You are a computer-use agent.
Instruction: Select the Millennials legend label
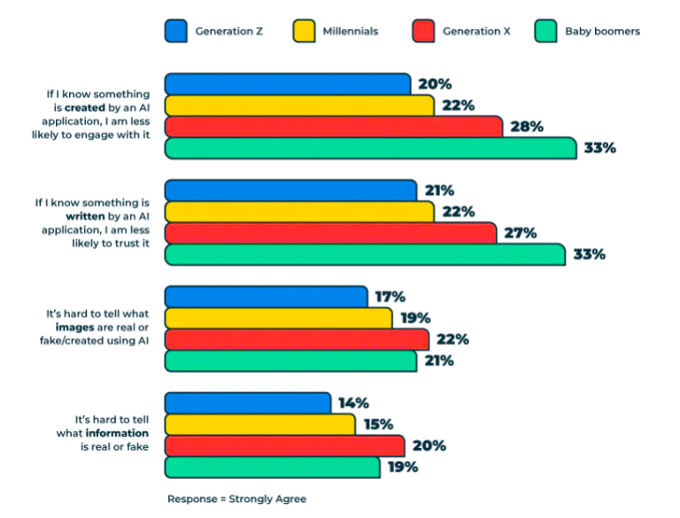point(349,31)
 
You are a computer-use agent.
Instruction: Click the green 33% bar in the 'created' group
point(371,148)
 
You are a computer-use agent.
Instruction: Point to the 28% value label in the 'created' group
point(526,127)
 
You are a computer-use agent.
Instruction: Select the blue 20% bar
point(288,84)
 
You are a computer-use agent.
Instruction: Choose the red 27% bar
point(330,233)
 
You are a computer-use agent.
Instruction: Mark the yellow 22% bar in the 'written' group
point(299,212)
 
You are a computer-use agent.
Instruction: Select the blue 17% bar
point(266,297)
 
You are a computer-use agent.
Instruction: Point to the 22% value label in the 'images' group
point(452,339)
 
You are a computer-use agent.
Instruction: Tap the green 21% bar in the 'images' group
point(290,360)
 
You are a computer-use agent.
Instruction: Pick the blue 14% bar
point(248,403)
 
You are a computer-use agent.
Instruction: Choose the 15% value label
point(378,424)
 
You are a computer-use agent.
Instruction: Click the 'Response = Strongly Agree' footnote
point(236,499)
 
